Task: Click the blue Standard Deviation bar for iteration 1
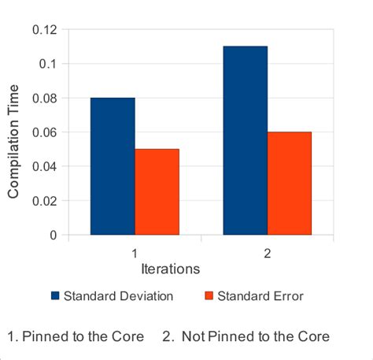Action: [113, 166]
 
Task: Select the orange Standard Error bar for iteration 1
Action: [157, 191]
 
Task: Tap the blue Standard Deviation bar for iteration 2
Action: [246, 140]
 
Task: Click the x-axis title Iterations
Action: [170, 269]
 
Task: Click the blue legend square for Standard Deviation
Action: [55, 296]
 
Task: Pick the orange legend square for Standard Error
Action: [209, 296]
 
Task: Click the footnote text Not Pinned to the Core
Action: [255, 336]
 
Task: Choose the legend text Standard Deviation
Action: [119, 296]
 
